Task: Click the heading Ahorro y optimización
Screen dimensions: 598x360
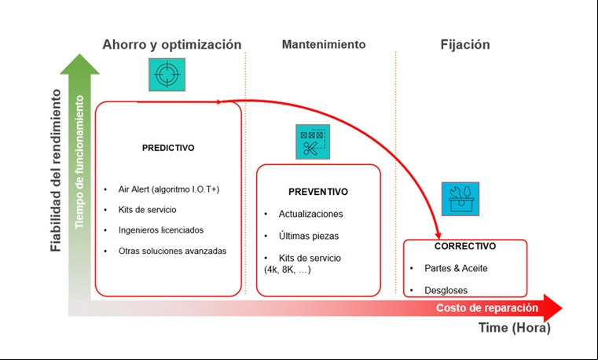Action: coord(171,45)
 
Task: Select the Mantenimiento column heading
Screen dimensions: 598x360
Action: coord(324,44)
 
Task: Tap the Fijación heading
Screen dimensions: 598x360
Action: coord(465,45)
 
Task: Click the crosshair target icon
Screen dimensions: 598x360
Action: coord(167,75)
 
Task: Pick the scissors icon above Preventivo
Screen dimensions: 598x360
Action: coord(313,141)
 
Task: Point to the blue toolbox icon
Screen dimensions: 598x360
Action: coord(460,199)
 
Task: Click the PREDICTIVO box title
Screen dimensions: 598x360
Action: coord(168,148)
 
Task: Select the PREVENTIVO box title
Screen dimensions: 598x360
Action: coord(318,192)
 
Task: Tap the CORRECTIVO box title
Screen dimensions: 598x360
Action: coord(465,246)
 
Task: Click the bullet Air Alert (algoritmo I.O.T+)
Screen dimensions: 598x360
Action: coord(169,189)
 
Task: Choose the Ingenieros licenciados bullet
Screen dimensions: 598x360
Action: coord(161,230)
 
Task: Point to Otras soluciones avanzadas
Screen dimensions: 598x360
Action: coord(172,251)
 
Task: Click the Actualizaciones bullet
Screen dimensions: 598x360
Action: coord(311,214)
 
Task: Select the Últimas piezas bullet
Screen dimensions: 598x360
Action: coord(309,236)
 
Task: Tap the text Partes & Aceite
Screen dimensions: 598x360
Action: coord(456,269)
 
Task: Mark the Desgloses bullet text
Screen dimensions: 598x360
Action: coord(446,291)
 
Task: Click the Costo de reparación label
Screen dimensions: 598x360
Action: coord(487,308)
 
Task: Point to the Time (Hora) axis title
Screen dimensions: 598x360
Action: coord(515,328)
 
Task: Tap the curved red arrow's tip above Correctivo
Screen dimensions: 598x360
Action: coord(438,239)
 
